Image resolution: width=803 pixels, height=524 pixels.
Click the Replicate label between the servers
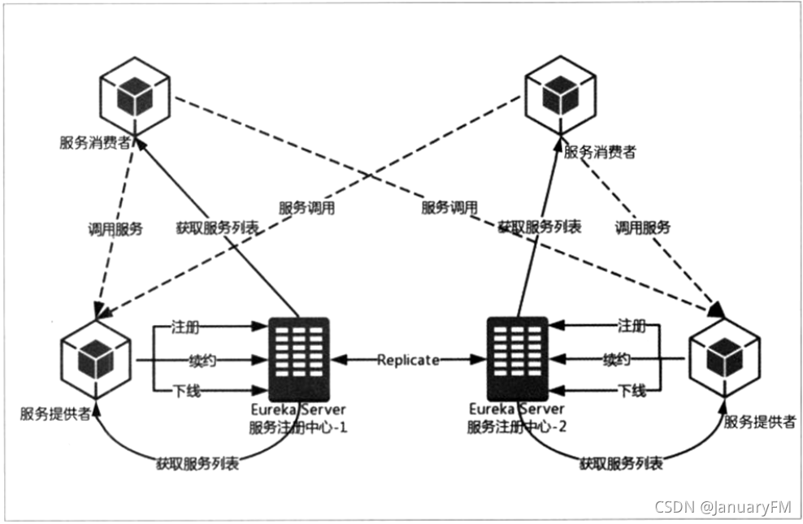coord(408,359)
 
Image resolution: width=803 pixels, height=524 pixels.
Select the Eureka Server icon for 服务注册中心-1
coord(299,357)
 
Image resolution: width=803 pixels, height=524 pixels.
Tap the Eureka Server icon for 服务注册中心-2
coord(516,357)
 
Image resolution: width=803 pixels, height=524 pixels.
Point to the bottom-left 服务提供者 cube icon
coord(96,357)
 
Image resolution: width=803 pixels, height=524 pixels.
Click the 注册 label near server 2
coord(632,327)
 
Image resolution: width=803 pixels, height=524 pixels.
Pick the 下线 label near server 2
coord(632,391)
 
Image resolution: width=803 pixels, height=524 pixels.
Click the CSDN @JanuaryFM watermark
coord(723,507)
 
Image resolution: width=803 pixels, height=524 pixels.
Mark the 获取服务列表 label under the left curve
coord(200,465)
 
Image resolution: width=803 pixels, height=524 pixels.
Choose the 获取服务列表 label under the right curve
coord(621,464)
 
